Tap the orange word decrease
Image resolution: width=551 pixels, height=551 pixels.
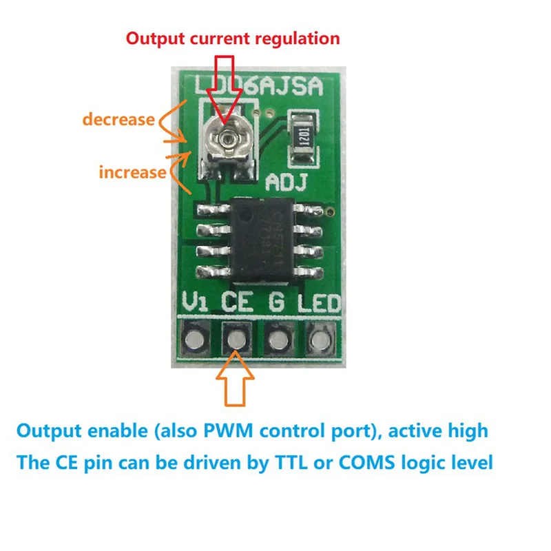118,119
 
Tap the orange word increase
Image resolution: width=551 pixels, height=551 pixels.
133,171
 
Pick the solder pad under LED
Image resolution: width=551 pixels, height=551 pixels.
319,339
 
